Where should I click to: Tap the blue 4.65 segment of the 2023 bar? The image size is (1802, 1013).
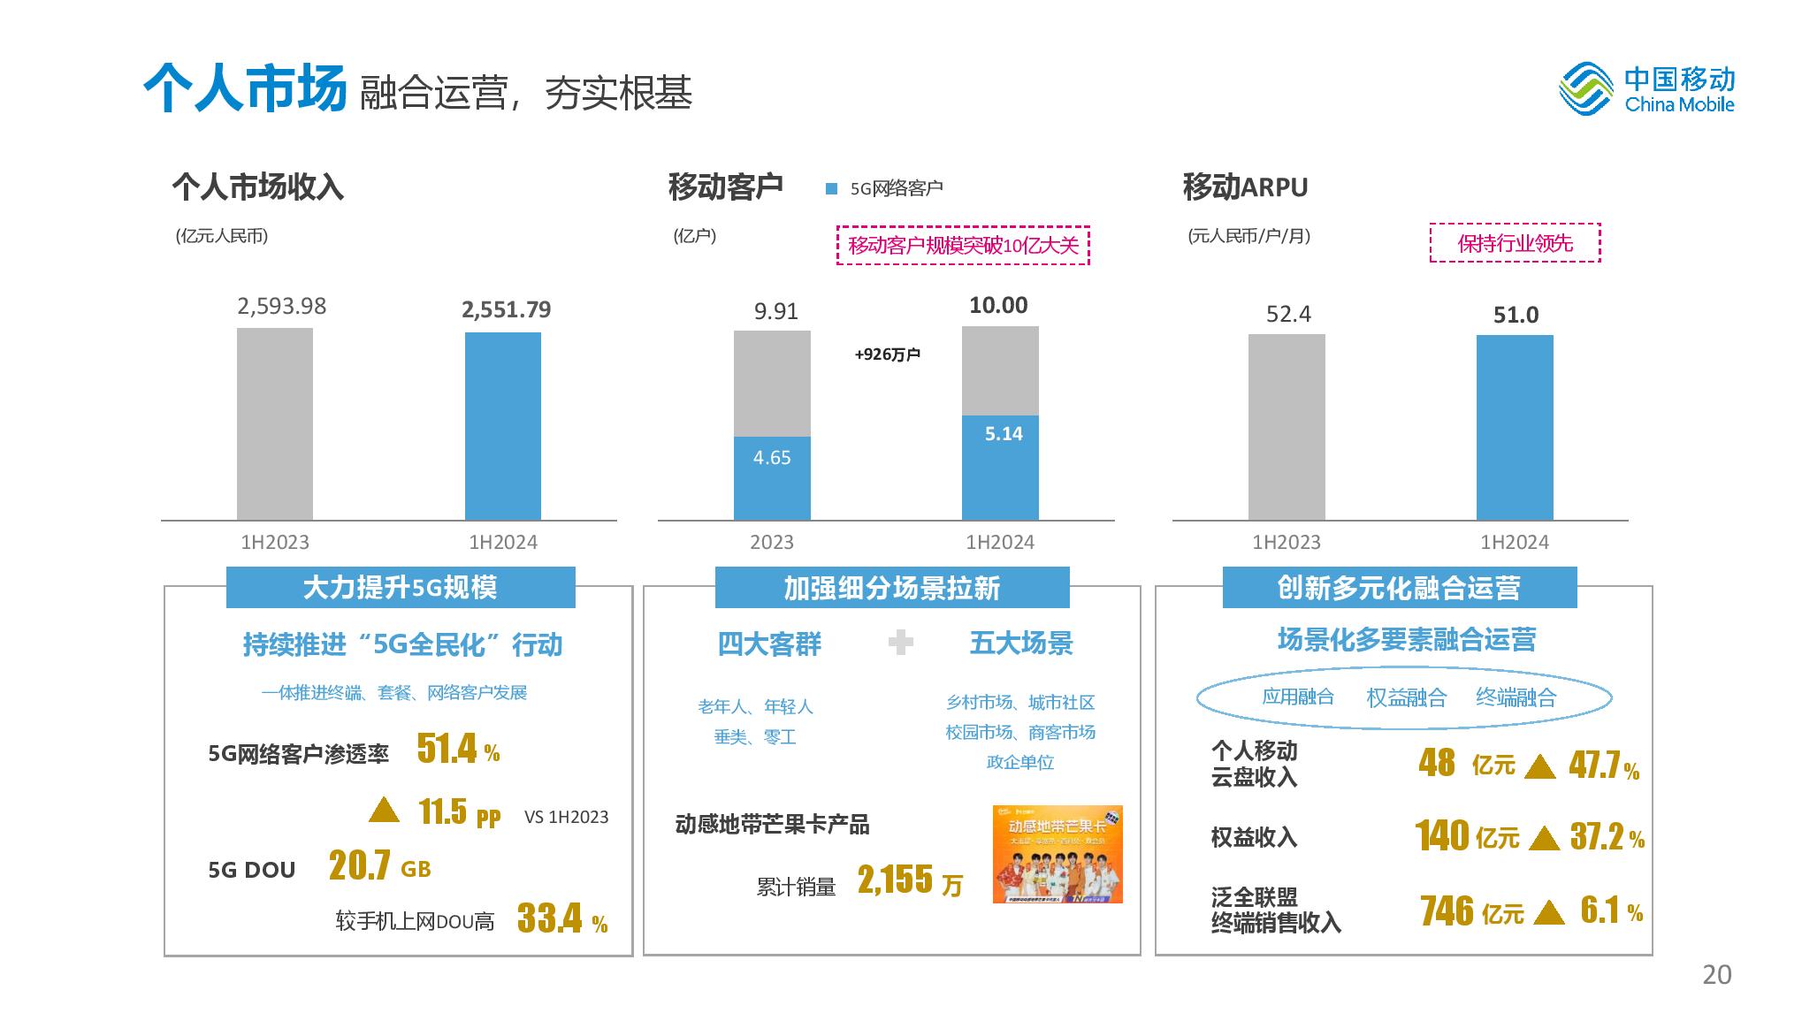point(772,477)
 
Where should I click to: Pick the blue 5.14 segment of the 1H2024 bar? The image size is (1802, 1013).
point(1000,467)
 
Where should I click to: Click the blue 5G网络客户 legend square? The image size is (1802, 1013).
point(831,188)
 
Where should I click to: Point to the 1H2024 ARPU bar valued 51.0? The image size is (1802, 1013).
point(1515,427)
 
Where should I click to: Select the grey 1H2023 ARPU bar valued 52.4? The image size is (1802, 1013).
point(1287,427)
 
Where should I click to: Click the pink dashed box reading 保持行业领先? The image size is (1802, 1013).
point(1515,243)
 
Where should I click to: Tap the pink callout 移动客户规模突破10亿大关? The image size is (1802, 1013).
point(963,246)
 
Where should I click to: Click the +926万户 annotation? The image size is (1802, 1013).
point(887,354)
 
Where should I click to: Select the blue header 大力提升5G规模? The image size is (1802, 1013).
point(401,588)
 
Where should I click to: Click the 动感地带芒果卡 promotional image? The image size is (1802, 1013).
point(1058,854)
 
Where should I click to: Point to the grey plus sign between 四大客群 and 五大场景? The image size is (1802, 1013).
point(900,642)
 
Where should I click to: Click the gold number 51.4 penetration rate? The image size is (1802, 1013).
point(447,749)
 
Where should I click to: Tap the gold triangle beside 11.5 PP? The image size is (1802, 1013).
point(384,810)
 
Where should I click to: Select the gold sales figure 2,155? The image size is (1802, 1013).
point(895,880)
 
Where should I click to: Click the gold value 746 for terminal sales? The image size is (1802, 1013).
point(1447,910)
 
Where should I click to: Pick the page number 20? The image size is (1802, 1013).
point(1716,974)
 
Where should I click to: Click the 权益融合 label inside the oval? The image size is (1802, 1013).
point(1406,698)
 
